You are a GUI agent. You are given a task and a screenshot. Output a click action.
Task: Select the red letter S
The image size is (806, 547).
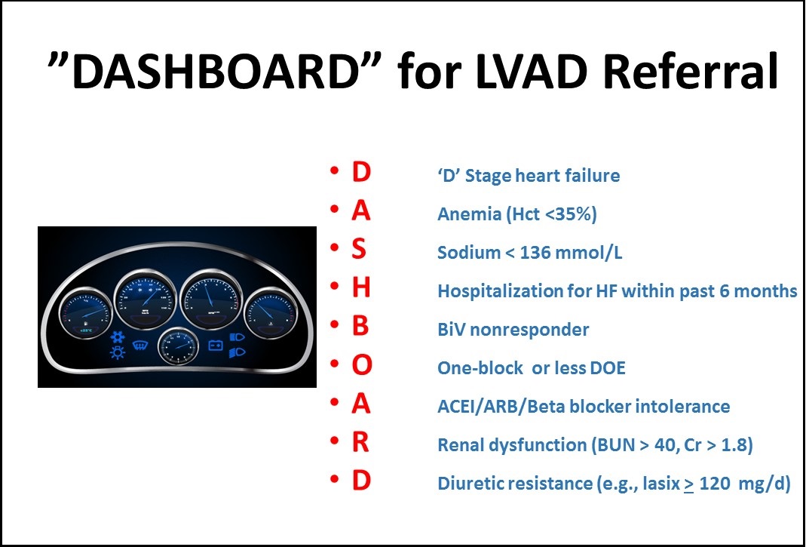pyautogui.click(x=360, y=252)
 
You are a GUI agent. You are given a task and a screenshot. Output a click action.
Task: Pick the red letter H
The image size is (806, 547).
pyautogui.click(x=361, y=290)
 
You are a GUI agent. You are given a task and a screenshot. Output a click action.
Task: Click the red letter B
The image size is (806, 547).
pyautogui.click(x=360, y=328)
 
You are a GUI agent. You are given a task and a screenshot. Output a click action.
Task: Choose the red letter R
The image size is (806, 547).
pyautogui.click(x=361, y=443)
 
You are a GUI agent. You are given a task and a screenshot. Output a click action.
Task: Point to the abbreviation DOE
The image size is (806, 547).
pyautogui.click(x=606, y=368)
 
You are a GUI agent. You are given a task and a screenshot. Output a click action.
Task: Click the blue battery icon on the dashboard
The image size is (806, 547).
pyautogui.click(x=216, y=346)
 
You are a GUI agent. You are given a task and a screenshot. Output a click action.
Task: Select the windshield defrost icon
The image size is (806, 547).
pyautogui.click(x=139, y=346)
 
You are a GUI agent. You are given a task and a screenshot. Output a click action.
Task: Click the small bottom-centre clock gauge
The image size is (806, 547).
pyautogui.click(x=178, y=349)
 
